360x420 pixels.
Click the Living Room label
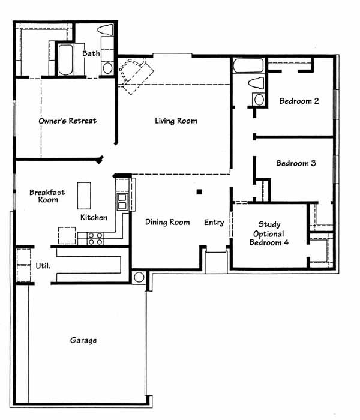coord(176,121)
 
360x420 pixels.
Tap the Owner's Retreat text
coord(67,121)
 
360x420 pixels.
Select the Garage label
coord(83,340)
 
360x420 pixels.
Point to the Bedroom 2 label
coord(299,101)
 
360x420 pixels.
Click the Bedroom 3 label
coord(296,163)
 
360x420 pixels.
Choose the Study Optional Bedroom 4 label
coord(269,233)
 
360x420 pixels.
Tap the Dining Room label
coord(167,222)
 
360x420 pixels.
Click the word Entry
coord(214,223)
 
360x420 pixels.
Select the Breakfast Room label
coord(47,196)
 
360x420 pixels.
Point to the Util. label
coord(43,266)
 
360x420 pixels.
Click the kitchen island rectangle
coord(84,196)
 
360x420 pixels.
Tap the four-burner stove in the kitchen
coord(95,239)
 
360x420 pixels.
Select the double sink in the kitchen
coord(122,202)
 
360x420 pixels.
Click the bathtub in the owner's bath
coord(65,59)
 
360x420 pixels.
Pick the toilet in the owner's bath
coord(106,30)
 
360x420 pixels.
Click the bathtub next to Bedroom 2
coord(248,65)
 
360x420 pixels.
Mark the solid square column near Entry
coord(199,192)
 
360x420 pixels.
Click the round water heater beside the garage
coord(139,277)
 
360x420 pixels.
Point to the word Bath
coord(91,53)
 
